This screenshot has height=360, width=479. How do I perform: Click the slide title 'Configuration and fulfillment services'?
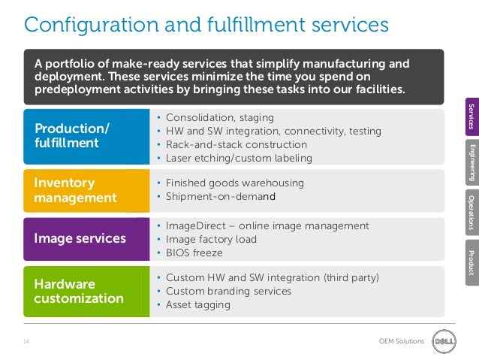(206, 24)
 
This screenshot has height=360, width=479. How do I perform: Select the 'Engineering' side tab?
(471, 161)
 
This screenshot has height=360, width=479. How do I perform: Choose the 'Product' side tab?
(471, 260)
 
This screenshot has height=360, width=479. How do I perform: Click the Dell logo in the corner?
(442, 340)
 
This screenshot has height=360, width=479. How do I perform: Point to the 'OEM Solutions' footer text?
(402, 341)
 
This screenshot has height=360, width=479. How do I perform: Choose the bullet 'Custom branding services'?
(228, 291)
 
